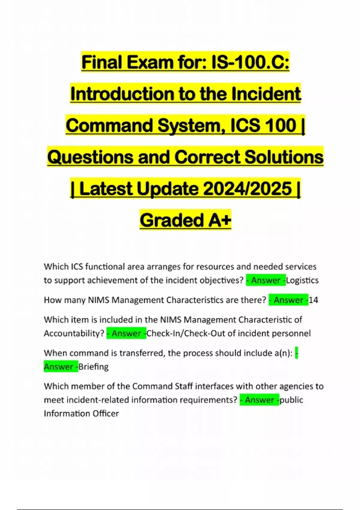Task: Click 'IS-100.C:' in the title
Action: pos(250,62)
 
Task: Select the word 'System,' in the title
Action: pos(192,125)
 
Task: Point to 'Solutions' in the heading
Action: pos(284,157)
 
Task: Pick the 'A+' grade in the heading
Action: pos(220,220)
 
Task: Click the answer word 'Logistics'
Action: pos(302,280)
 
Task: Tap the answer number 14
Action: pos(313,300)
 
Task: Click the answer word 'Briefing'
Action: pos(93,367)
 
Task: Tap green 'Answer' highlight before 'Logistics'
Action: pos(266,280)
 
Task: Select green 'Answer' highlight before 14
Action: pos(288,300)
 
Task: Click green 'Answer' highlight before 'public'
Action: pos(259,400)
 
